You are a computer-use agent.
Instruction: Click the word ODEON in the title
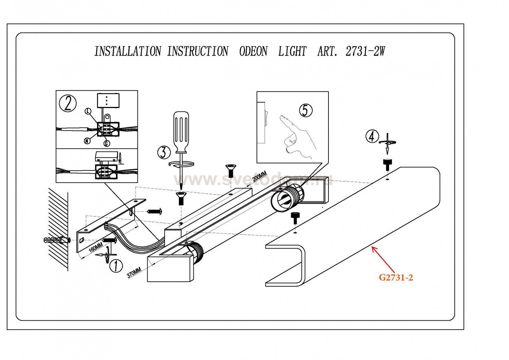[253, 51]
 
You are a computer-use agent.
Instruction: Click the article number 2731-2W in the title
[365, 51]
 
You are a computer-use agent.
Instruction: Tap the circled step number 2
[68, 104]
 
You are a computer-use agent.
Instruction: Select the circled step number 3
[164, 152]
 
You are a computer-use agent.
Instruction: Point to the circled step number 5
[306, 110]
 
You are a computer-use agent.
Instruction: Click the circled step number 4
[372, 137]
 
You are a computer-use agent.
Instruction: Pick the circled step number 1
[116, 266]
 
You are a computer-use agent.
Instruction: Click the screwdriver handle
[181, 132]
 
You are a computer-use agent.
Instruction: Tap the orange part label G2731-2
[396, 278]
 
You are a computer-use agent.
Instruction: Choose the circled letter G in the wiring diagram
[107, 144]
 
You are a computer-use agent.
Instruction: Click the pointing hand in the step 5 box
[298, 136]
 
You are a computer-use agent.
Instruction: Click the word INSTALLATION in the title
[128, 51]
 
